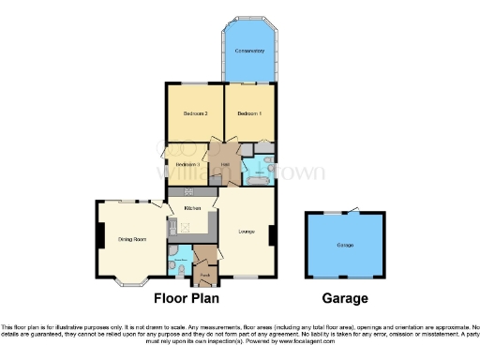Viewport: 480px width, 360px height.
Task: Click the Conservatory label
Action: click(248, 49)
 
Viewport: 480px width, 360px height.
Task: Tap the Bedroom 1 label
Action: click(248, 113)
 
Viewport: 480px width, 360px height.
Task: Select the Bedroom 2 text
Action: click(194, 113)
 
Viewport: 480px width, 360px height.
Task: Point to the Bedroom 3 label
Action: click(187, 165)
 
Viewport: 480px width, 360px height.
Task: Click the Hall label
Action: click(225, 166)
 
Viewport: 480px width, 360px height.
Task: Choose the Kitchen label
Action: click(192, 207)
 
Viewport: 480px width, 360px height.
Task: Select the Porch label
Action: click(204, 273)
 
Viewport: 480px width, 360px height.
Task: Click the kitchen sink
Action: click(172, 226)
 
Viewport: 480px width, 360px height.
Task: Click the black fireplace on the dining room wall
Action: click(97, 235)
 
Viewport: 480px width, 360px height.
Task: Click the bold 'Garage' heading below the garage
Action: click(344, 299)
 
